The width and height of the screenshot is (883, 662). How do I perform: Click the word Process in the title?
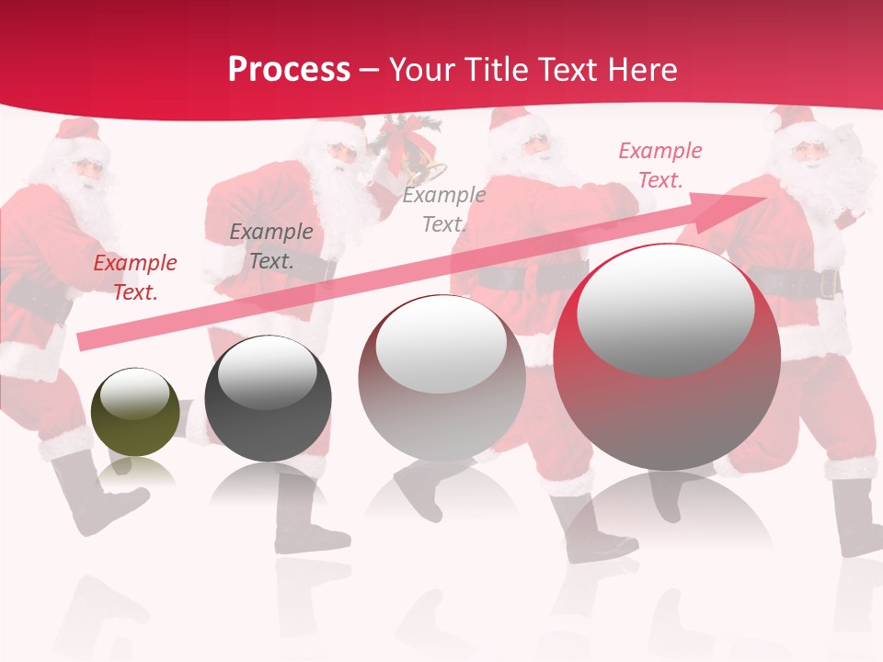(x=289, y=69)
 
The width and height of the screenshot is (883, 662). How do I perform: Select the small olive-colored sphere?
(x=136, y=411)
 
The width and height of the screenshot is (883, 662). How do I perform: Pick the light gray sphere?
(x=441, y=377)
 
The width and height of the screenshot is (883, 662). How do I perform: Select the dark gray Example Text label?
(x=270, y=246)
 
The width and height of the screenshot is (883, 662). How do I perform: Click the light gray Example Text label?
(x=444, y=209)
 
